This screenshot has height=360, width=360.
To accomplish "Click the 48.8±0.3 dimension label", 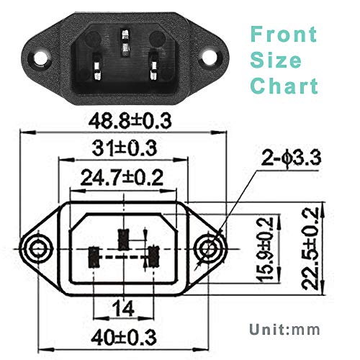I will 121,121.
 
